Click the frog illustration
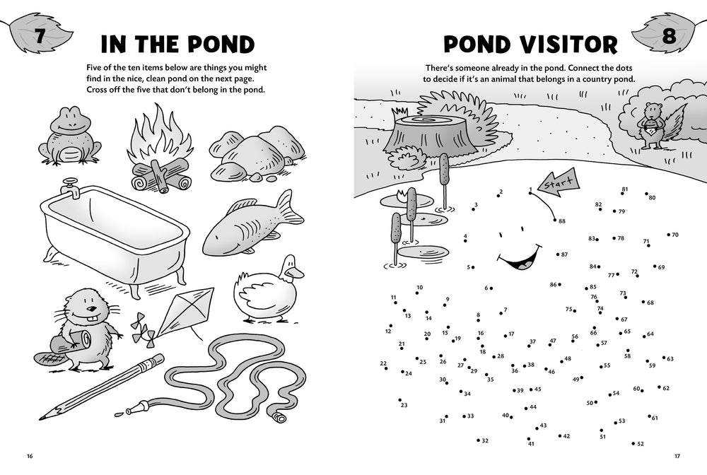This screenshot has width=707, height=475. [x=69, y=136]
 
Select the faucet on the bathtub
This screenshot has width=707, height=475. [x=71, y=187]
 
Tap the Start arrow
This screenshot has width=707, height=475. [x=559, y=183]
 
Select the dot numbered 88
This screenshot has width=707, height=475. [x=554, y=221]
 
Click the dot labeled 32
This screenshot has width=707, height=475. [x=479, y=440]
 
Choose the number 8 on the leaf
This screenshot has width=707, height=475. [x=669, y=35]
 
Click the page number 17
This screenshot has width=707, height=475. [x=677, y=456]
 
